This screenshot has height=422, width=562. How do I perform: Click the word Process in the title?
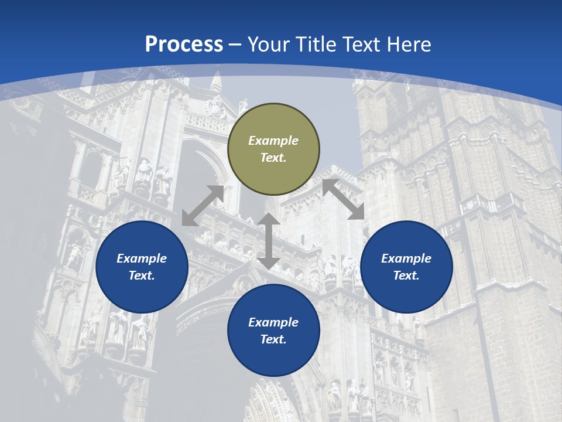pyautogui.click(x=184, y=45)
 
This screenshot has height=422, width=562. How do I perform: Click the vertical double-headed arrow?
pyautogui.click(x=269, y=241)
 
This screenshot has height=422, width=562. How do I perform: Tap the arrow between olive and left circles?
pyautogui.click(x=203, y=206)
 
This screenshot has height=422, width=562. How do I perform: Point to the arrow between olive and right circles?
pyautogui.click(x=344, y=199)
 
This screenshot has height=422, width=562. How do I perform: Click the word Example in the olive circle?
pyautogui.click(x=273, y=141)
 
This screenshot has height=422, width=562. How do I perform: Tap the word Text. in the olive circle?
pyautogui.click(x=273, y=158)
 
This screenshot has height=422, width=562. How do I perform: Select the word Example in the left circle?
pyautogui.click(x=142, y=258)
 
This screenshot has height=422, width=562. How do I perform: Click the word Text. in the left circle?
pyautogui.click(x=142, y=275)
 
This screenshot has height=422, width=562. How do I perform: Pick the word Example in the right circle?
pyautogui.click(x=406, y=258)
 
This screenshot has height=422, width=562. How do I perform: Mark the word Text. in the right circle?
pyautogui.click(x=406, y=275)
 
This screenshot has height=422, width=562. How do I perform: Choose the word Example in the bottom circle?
pyautogui.click(x=273, y=322)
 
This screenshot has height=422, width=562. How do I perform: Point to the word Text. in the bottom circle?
pyautogui.click(x=273, y=339)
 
